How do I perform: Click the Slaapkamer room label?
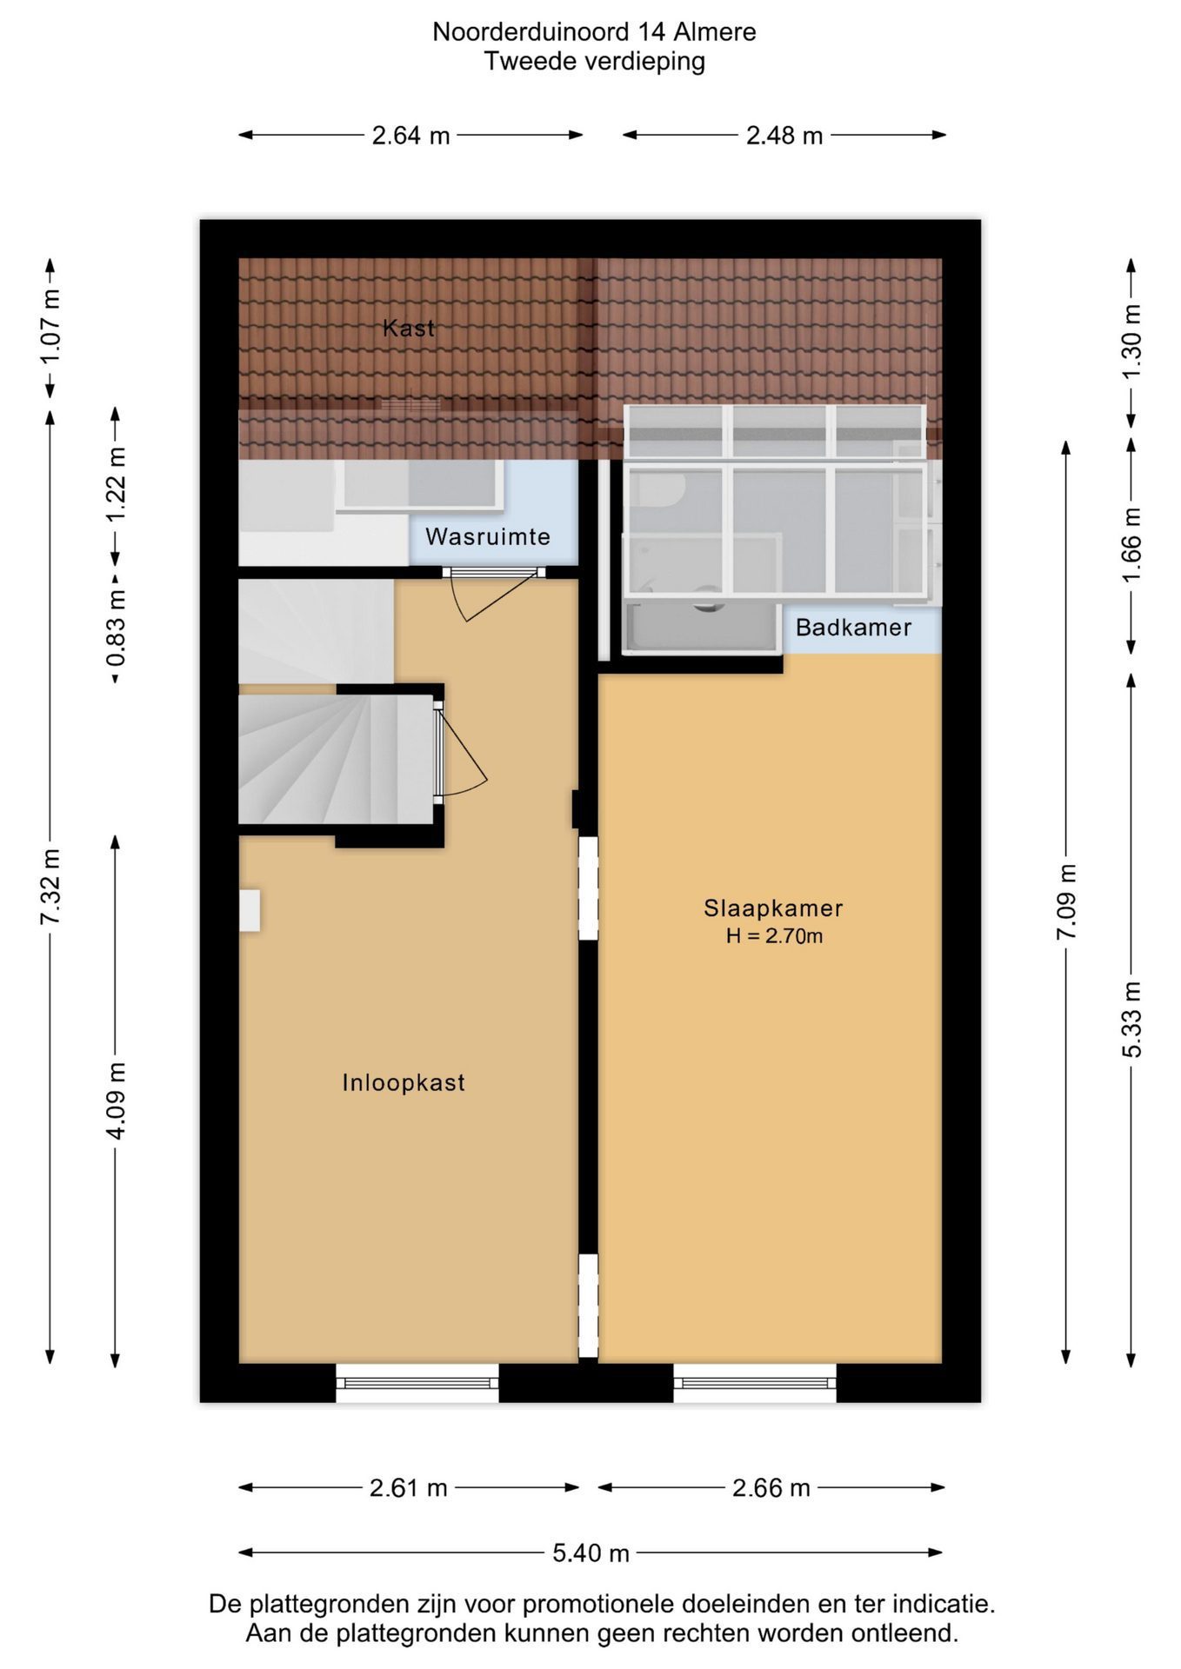pyautogui.click(x=773, y=908)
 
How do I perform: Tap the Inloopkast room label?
pyautogui.click(x=404, y=1082)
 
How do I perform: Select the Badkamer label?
pyautogui.click(x=853, y=627)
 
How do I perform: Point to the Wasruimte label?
pyautogui.click(x=488, y=536)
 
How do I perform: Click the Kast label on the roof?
pyautogui.click(x=409, y=328)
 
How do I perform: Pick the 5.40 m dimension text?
pyautogui.click(x=590, y=1553)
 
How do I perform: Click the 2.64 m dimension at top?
pyautogui.click(x=410, y=136)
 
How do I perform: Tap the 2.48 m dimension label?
pyautogui.click(x=784, y=136)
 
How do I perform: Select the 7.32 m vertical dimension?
pyautogui.click(x=50, y=887)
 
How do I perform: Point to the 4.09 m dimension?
pyautogui.click(x=116, y=1100)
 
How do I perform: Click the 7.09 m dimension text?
pyautogui.click(x=1066, y=901)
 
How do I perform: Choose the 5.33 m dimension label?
pyautogui.click(x=1131, y=1020)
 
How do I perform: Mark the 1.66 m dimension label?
pyautogui.click(x=1131, y=546)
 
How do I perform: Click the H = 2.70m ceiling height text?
pyautogui.click(x=774, y=936)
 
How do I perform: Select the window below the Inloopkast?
pyautogui.click(x=417, y=1382)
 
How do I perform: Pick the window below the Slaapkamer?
pyautogui.click(x=755, y=1382)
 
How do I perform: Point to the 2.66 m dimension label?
pyautogui.click(x=771, y=1487)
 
